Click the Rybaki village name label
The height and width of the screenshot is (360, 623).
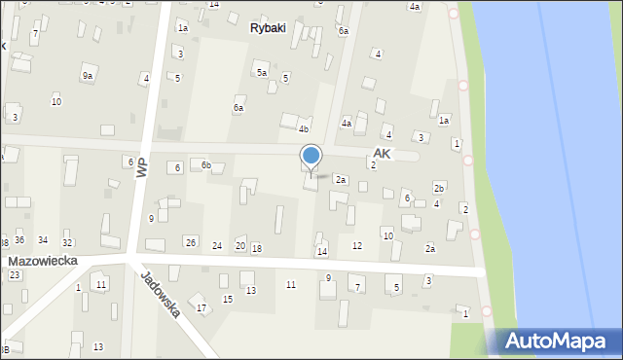click(268, 28)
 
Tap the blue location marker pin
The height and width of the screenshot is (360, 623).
click(311, 157)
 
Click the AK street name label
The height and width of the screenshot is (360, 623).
click(382, 155)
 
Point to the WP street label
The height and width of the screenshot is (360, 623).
click(142, 167)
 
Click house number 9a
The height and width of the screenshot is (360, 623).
click(88, 75)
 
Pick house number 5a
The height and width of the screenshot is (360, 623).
click(261, 72)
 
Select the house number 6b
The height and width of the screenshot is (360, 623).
click(205, 165)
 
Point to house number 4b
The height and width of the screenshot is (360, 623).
click(304, 129)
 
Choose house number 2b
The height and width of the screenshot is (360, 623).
click(439, 188)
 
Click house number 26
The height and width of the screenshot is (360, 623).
click(191, 242)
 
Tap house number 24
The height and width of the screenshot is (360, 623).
click(217, 245)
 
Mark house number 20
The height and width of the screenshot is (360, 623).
click(239, 245)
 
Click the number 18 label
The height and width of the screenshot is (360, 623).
click(257, 249)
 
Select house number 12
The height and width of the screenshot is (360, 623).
click(357, 246)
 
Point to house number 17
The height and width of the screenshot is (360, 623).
click(202, 308)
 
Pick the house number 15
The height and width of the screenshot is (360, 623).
click(228, 299)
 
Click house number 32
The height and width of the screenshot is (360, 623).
click(67, 242)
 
